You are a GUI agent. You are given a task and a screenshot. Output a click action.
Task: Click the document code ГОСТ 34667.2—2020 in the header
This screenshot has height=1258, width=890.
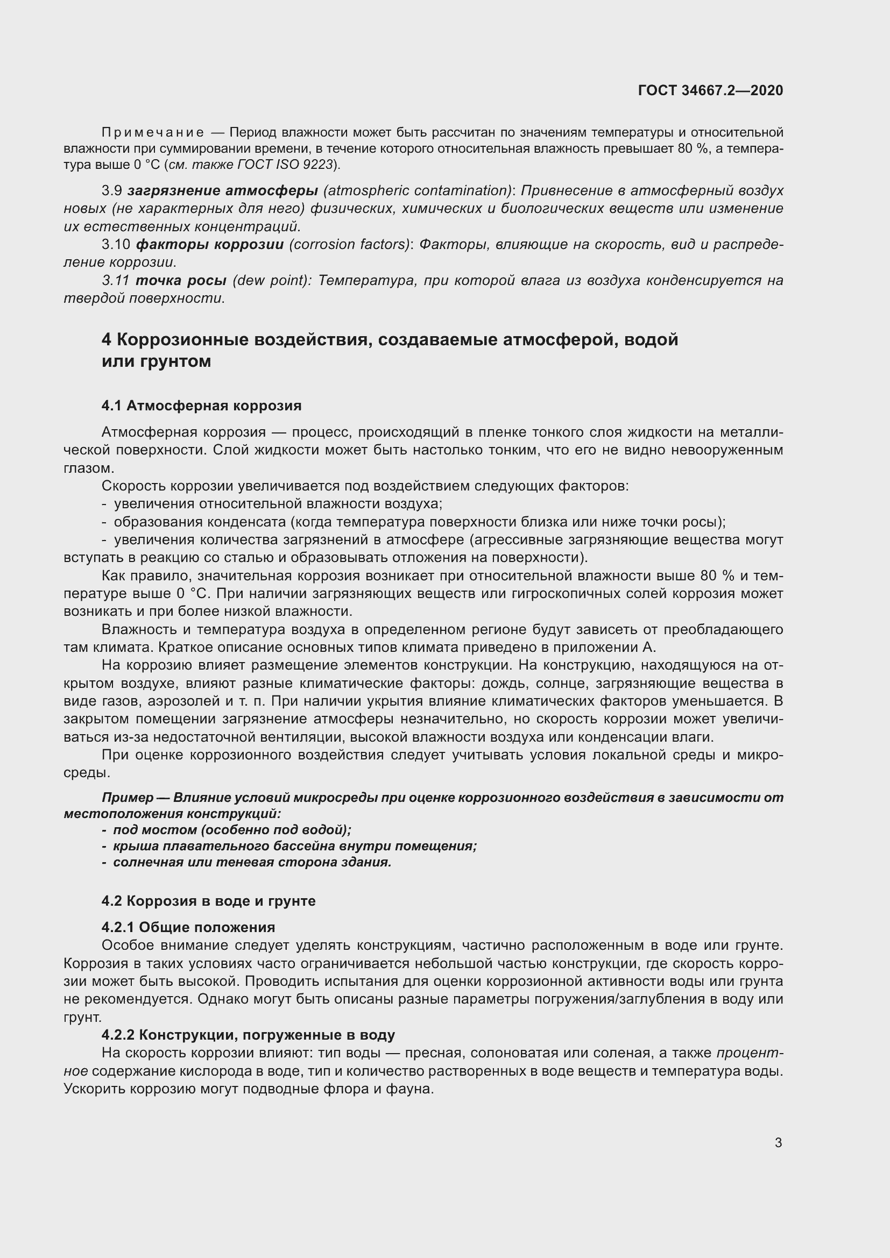click(x=710, y=90)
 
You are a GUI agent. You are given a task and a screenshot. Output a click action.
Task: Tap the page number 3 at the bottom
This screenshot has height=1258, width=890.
click(x=778, y=1143)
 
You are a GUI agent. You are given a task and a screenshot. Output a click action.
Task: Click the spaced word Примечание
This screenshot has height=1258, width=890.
click(x=153, y=133)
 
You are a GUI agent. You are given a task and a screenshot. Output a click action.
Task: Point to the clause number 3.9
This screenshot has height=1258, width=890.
click(x=112, y=191)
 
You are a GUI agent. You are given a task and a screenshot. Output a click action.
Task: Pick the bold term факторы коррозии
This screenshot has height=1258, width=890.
click(x=210, y=244)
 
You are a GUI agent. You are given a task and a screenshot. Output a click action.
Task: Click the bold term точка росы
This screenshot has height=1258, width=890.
click(x=181, y=281)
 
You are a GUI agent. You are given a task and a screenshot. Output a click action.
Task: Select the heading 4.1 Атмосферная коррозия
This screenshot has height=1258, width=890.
click(x=201, y=406)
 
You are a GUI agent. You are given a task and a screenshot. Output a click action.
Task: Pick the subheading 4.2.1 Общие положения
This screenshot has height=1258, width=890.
click(x=188, y=927)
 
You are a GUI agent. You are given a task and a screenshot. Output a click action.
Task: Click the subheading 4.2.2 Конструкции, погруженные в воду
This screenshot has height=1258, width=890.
click(x=248, y=1035)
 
